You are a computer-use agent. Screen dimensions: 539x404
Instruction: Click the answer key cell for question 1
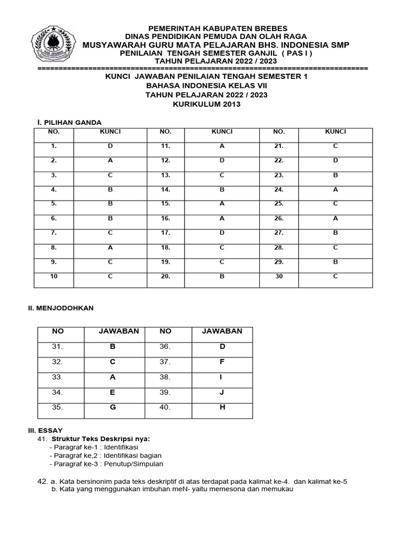pyautogui.click(x=110, y=146)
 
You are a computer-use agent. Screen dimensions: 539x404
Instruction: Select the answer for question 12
pyautogui.click(x=222, y=161)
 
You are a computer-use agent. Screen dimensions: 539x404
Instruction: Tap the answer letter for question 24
pyautogui.click(x=335, y=189)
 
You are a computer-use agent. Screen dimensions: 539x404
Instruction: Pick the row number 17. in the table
pyautogui.click(x=166, y=233)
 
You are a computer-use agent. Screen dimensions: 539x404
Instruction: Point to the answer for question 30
pyautogui.click(x=335, y=276)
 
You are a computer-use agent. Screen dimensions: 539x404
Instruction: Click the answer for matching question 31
pyautogui.click(x=112, y=347)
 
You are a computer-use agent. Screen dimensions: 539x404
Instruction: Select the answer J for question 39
pyautogui.click(x=222, y=393)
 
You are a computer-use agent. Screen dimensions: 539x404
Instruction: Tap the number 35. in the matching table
pyautogui.click(x=57, y=407)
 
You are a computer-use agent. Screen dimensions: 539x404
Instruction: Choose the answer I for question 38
pyautogui.click(x=222, y=377)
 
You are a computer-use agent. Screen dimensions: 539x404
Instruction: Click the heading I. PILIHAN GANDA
pyautogui.click(x=68, y=122)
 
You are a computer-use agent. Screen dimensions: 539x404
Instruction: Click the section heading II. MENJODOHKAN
pyautogui.click(x=60, y=308)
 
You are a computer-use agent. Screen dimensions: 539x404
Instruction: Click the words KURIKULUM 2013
pyautogui.click(x=207, y=104)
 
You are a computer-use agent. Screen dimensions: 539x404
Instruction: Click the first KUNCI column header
pyautogui.click(x=110, y=132)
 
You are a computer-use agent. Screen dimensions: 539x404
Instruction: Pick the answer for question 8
pyautogui.click(x=110, y=247)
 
